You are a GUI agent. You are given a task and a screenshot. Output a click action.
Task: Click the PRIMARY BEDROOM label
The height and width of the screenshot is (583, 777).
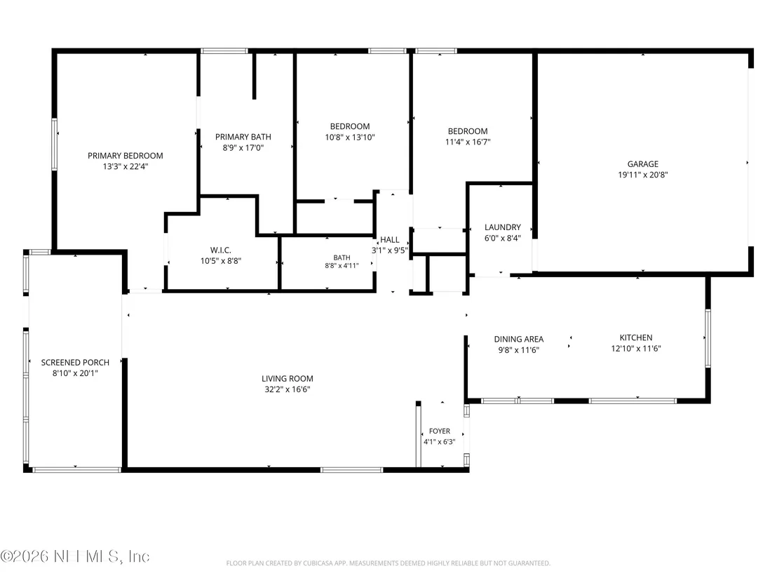(126, 156)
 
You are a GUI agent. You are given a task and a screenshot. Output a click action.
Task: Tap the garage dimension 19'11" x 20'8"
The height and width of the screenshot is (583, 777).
(643, 175)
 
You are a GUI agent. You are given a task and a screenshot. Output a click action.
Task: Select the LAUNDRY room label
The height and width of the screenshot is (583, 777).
(503, 227)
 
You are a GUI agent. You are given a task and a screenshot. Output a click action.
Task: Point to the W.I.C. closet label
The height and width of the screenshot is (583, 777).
(220, 250)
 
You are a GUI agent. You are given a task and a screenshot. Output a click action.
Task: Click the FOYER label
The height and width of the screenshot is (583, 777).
(440, 431)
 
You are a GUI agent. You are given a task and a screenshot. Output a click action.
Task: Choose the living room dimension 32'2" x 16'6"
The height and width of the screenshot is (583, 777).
(288, 389)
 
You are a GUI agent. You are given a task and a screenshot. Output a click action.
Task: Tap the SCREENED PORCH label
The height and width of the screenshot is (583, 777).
(75, 363)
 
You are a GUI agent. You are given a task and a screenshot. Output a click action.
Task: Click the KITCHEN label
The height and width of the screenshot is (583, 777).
(636, 337)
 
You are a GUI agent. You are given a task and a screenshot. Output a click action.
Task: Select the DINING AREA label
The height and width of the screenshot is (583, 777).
(519, 339)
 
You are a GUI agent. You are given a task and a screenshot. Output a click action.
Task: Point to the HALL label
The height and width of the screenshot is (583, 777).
(389, 240)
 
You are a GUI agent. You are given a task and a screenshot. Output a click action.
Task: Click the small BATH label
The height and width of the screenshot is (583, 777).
(342, 257)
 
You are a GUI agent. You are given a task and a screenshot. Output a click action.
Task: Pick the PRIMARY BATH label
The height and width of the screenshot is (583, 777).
(243, 137)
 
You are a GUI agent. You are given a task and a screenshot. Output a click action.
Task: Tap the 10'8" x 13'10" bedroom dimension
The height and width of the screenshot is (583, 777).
(350, 138)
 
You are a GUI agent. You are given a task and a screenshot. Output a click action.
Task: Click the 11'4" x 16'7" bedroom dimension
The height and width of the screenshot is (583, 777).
(468, 142)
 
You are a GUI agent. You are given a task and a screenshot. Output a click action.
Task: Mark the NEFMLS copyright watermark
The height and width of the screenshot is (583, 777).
(75, 556)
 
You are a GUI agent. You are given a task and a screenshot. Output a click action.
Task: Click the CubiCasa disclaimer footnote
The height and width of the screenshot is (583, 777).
(388, 563)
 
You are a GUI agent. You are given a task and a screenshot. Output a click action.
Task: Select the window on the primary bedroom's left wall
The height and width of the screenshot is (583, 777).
(55, 145)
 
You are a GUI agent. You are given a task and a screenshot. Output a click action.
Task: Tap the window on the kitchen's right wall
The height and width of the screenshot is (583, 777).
(708, 338)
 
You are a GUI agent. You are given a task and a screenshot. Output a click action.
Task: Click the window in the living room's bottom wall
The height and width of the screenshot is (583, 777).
(351, 469)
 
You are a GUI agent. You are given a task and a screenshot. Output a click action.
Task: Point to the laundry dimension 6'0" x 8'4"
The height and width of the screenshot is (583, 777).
(503, 238)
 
